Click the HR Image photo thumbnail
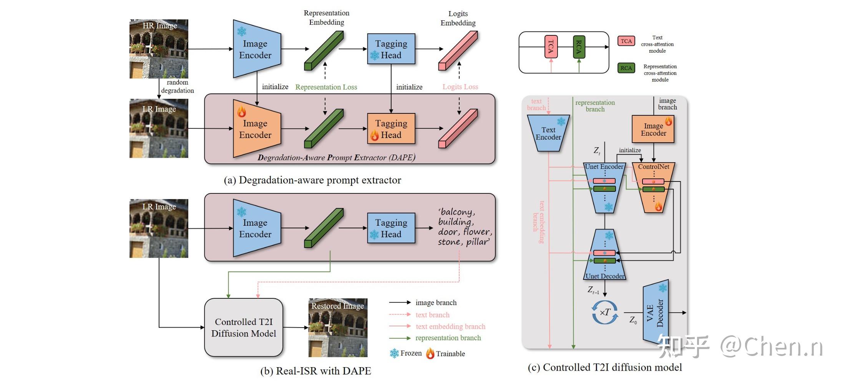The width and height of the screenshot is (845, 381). click(159, 49)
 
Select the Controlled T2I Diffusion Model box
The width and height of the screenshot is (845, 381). click(244, 328)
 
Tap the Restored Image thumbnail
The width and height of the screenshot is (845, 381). click(338, 328)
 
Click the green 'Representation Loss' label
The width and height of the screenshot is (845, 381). click(326, 87)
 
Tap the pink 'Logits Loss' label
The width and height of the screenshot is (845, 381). click(460, 87)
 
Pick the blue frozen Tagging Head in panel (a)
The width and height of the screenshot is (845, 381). click(391, 49)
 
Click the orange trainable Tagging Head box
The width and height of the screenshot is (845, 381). click(391, 129)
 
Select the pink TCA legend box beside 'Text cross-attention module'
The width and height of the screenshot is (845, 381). click(626, 41)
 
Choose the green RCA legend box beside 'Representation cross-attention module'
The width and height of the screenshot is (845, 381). click(626, 68)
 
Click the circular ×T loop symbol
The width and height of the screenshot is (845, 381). click(605, 312)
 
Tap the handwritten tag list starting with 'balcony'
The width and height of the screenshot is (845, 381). click(464, 227)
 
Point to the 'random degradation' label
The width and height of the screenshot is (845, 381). click(177, 87)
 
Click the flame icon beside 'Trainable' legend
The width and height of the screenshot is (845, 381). click(430, 353)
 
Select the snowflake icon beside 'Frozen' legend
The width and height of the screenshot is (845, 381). click(394, 353)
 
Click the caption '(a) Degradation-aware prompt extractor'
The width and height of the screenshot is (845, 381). click(312, 180)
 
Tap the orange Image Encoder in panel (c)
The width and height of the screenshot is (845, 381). click(653, 130)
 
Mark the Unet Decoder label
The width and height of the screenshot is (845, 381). click(605, 276)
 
